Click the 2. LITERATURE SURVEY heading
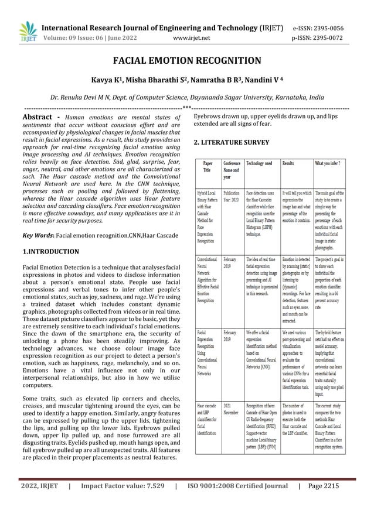tap(231, 142)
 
